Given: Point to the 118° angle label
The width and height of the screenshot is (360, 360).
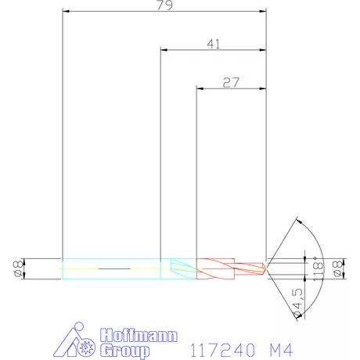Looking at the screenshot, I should [317, 268].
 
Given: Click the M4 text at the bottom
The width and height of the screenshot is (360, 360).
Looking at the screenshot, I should [280, 346].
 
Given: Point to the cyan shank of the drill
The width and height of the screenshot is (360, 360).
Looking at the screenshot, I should [110, 268].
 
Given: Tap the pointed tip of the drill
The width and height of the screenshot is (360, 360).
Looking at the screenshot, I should [265, 268].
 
